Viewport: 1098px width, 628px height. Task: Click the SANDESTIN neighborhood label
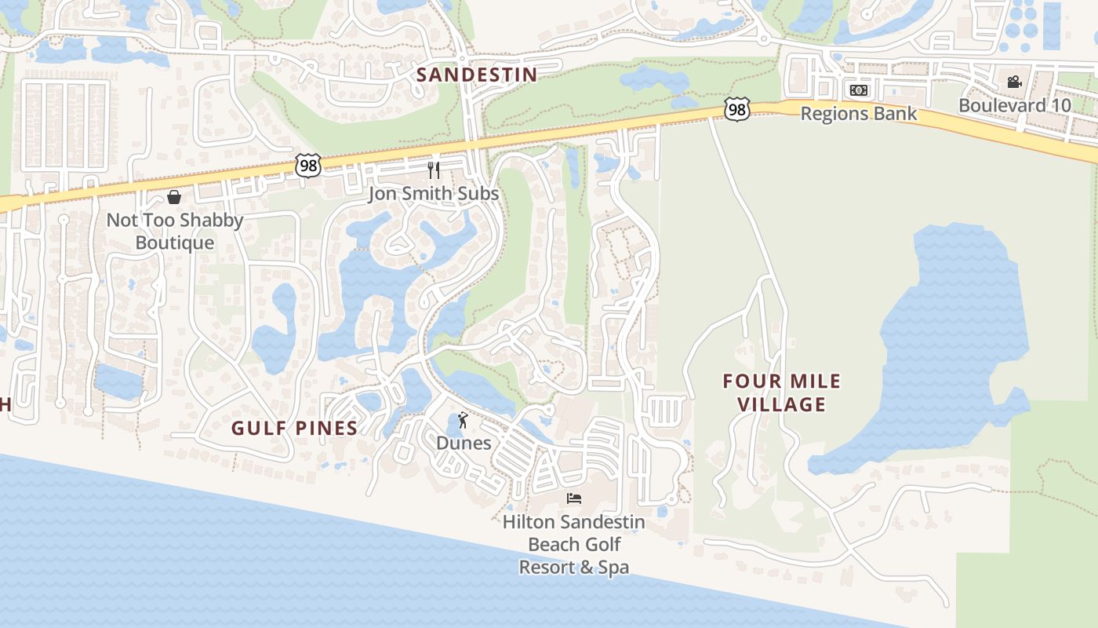pyautogui.click(x=477, y=75)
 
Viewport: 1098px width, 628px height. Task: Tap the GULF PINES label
pyautogui.click(x=295, y=428)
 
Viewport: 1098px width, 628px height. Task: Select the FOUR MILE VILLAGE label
pyautogui.click(x=781, y=392)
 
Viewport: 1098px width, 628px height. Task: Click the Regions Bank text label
pyautogui.click(x=858, y=113)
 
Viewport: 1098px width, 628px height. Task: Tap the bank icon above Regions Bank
pyautogui.click(x=859, y=90)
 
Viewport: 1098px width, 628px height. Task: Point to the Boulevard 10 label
pyautogui.click(x=1014, y=105)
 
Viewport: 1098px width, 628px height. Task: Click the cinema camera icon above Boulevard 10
pyautogui.click(x=1014, y=82)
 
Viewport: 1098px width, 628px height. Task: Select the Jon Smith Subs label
pyautogui.click(x=434, y=193)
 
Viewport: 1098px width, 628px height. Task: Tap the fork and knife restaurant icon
pyautogui.click(x=434, y=170)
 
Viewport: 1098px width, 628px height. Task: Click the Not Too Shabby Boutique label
pyautogui.click(x=175, y=231)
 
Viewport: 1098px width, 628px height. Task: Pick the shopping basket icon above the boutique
pyautogui.click(x=174, y=197)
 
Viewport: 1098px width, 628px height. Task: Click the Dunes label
pyautogui.click(x=464, y=443)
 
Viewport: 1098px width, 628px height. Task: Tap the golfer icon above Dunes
pyautogui.click(x=463, y=420)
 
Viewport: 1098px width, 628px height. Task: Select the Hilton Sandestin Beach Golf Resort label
pyautogui.click(x=574, y=544)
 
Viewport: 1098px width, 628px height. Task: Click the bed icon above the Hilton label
pyautogui.click(x=574, y=498)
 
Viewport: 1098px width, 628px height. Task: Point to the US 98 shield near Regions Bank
pyautogui.click(x=736, y=109)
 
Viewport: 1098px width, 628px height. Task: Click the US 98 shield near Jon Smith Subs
pyautogui.click(x=308, y=165)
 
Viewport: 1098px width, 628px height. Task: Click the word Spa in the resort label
pyautogui.click(x=613, y=567)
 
